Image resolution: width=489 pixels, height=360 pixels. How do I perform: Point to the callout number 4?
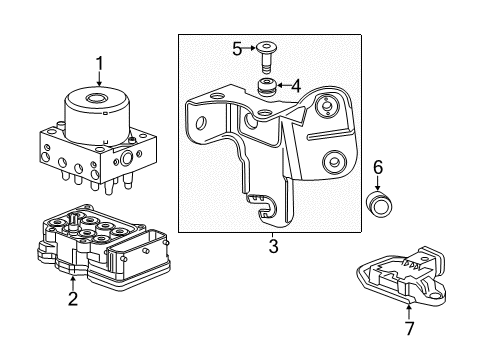coord(294,86)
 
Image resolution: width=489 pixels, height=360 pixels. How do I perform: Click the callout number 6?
coord(378,168)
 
